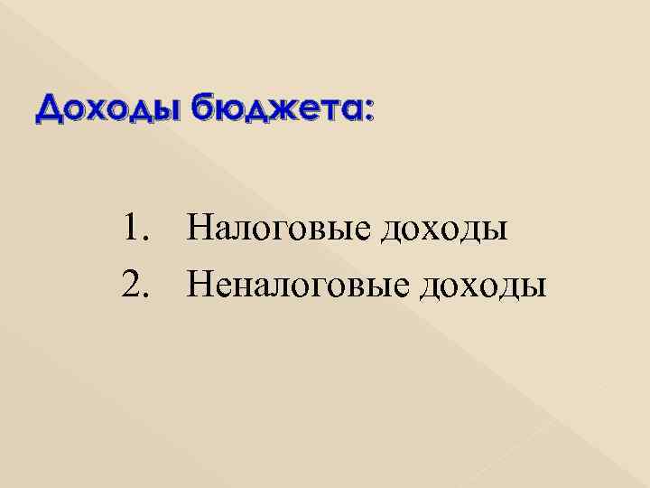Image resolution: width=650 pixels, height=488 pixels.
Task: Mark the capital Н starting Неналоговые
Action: pos(201,286)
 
